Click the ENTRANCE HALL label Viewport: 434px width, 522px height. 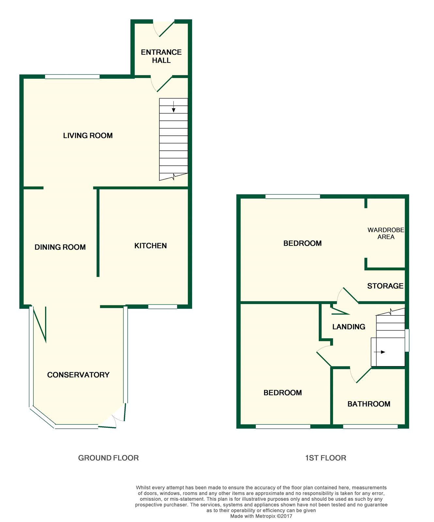point(161,56)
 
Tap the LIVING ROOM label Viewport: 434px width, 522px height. point(88,135)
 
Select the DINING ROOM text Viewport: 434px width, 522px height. point(60,247)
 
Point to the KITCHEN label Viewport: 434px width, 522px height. point(151,246)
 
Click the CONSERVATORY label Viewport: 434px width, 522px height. point(78,375)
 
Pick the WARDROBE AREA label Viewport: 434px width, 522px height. point(386,234)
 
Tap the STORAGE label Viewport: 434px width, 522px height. point(385,286)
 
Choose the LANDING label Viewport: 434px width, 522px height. point(349,327)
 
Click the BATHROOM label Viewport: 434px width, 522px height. point(369,404)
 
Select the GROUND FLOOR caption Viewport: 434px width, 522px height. point(108,458)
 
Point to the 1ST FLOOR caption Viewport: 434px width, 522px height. point(326,458)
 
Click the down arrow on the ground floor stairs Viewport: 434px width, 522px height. point(173,107)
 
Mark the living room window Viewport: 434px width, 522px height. point(72,77)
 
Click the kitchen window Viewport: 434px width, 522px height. point(163,307)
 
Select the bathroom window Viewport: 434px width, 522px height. point(370,426)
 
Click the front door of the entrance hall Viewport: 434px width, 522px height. point(164,28)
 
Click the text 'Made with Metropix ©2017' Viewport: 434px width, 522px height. point(261,516)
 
